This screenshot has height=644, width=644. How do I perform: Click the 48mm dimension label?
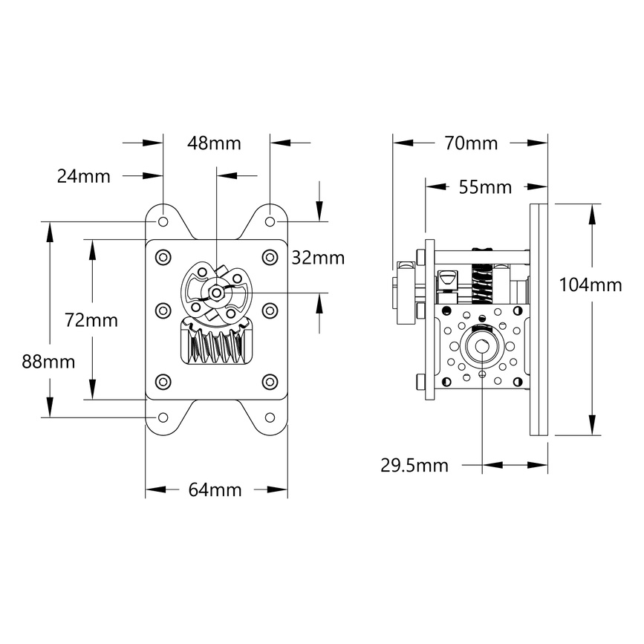pyautogui.click(x=215, y=143)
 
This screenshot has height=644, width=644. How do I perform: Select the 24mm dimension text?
pyautogui.click(x=83, y=176)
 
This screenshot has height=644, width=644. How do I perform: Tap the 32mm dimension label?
pyautogui.click(x=318, y=258)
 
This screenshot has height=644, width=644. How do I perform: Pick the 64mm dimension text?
pyautogui.click(x=215, y=489)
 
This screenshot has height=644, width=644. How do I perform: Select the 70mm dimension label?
pyautogui.click(x=471, y=143)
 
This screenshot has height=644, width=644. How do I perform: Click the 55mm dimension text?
pyautogui.click(x=485, y=187)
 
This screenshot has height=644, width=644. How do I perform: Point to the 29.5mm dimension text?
pyautogui.click(x=414, y=466)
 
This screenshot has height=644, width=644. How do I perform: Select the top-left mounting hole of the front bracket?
pyautogui.click(x=163, y=221)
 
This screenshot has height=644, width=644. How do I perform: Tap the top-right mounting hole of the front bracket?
pyautogui.click(x=270, y=221)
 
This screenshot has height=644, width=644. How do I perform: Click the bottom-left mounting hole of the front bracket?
pyautogui.click(x=163, y=417)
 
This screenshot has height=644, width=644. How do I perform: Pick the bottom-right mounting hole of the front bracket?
pyautogui.click(x=270, y=417)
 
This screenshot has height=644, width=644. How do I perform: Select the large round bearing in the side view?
pyautogui.click(x=483, y=347)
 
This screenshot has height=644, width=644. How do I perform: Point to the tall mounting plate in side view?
pyautogui.click(x=539, y=319)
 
